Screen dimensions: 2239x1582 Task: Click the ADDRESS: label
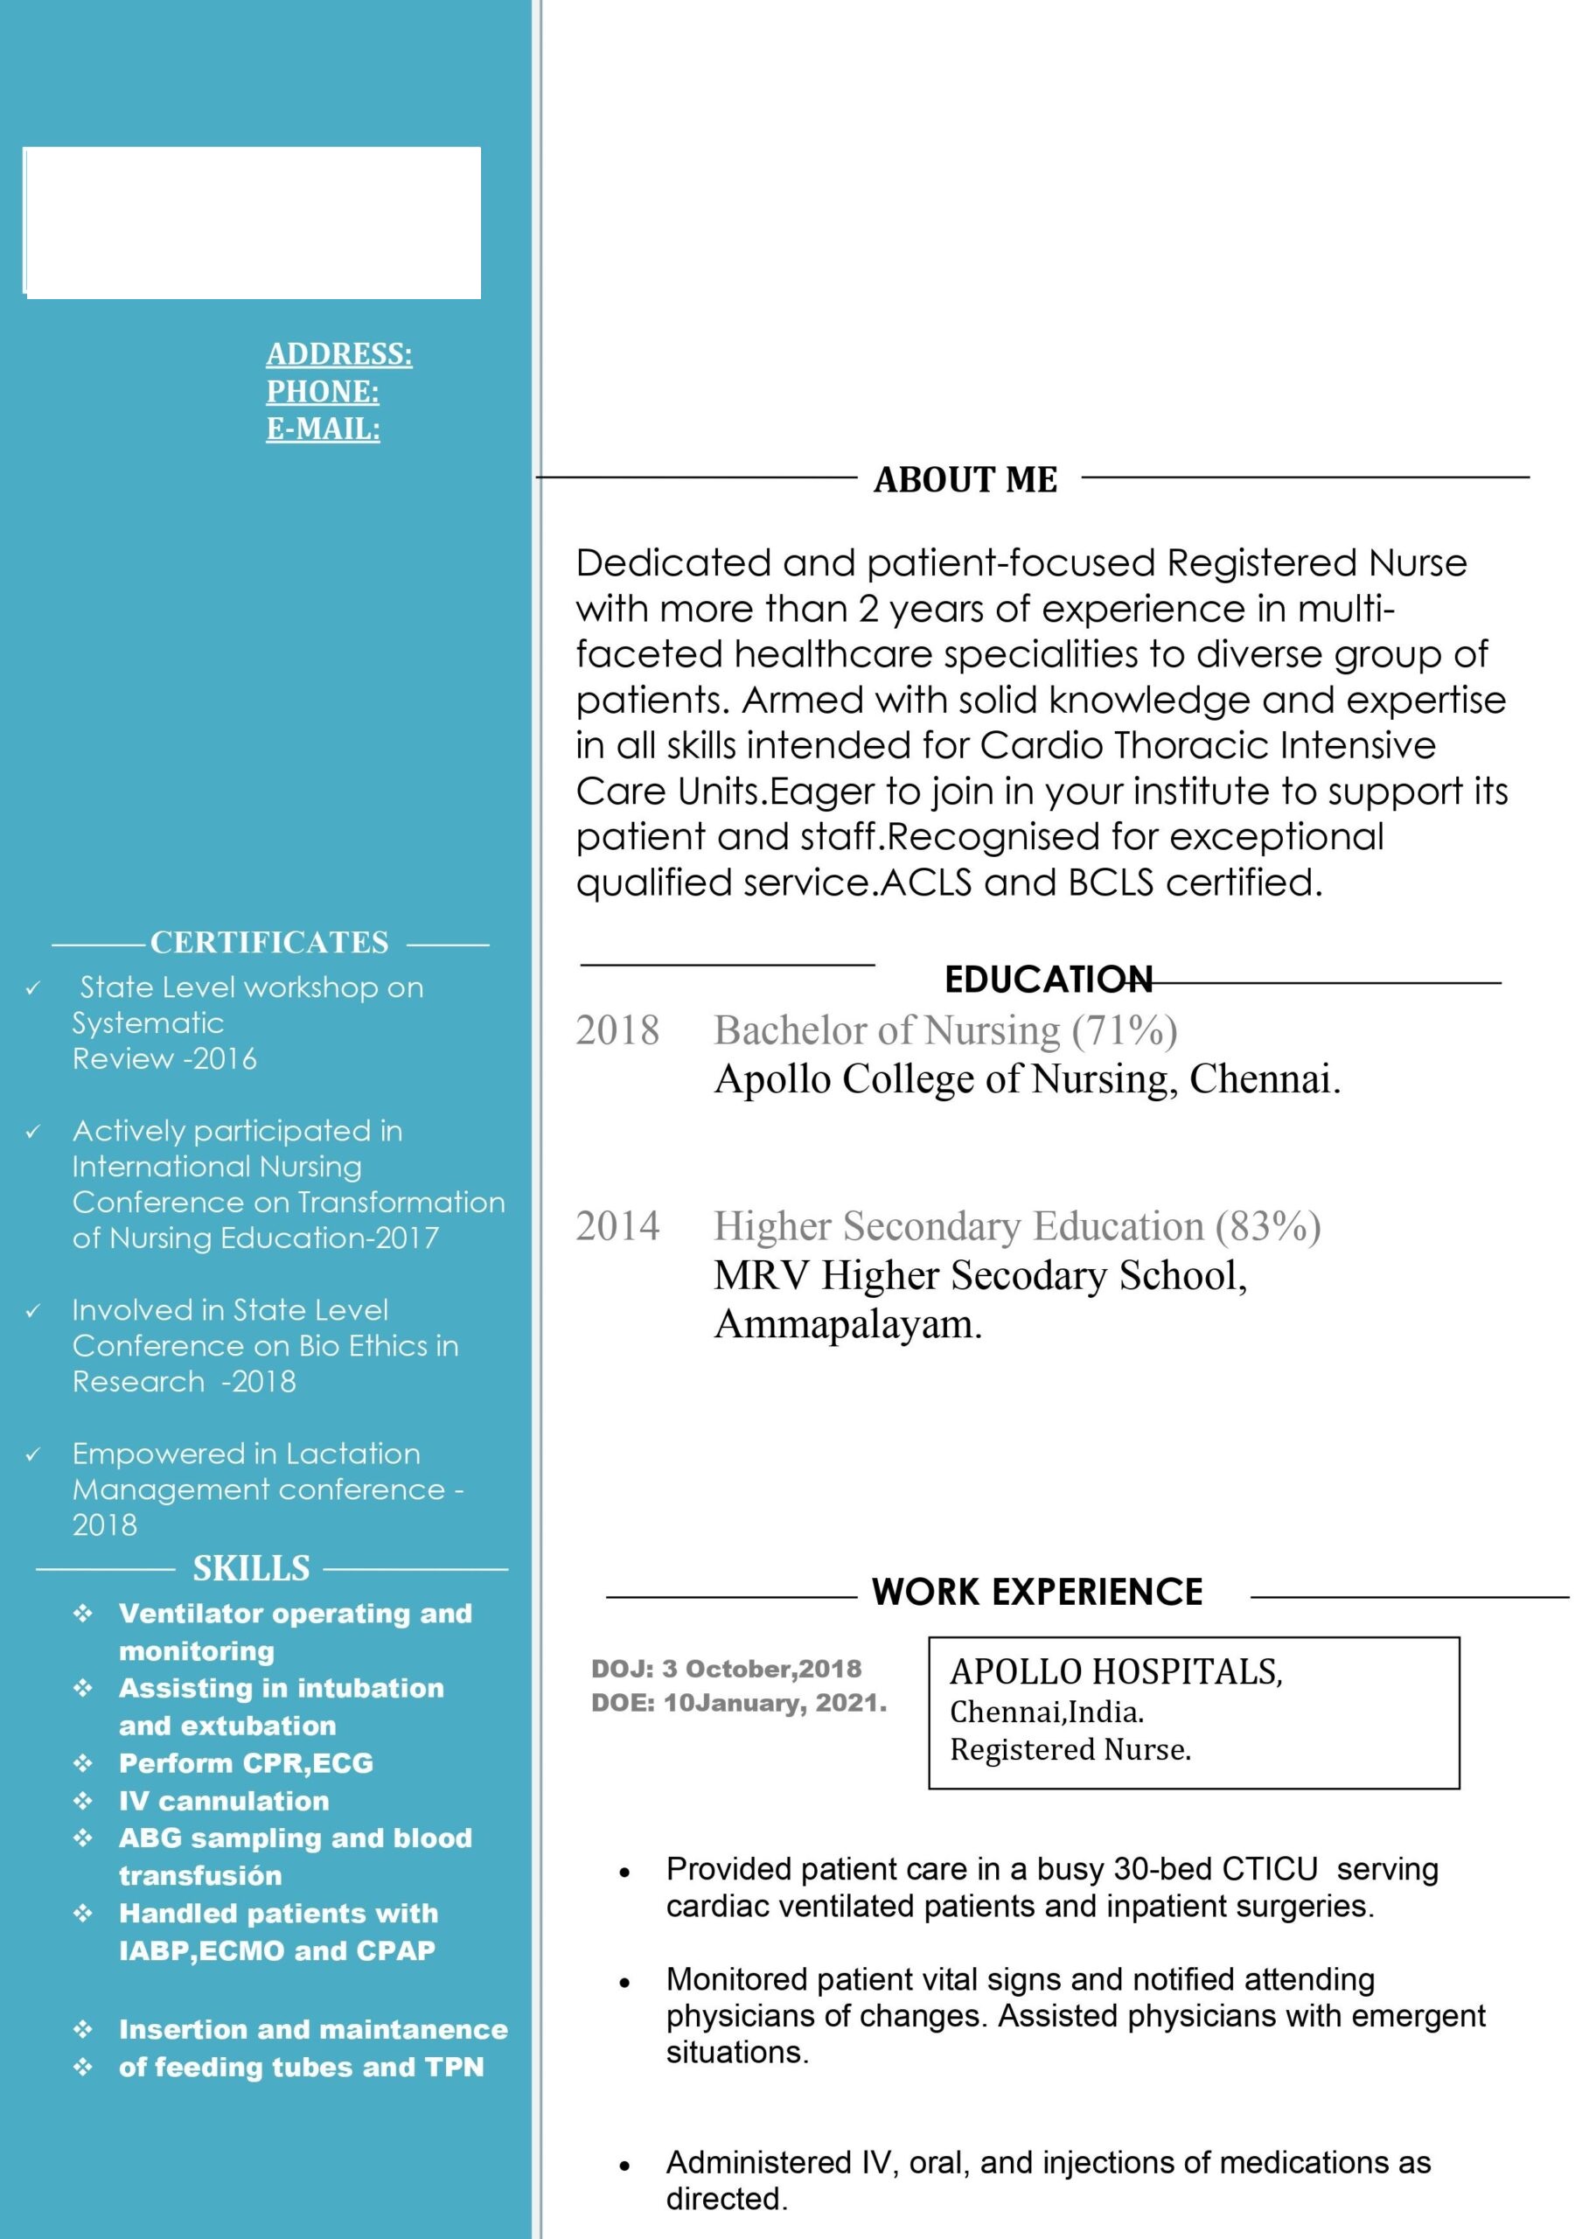click(338, 354)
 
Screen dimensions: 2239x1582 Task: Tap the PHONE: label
click(323, 392)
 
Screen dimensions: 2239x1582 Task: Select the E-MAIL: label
click(323, 429)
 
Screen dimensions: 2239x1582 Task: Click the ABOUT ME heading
click(965, 480)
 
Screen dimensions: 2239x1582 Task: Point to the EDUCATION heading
click(1048, 979)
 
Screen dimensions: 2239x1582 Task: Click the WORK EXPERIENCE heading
click(1037, 1592)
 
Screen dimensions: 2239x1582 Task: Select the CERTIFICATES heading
click(269, 942)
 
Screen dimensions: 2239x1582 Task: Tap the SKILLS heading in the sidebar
click(251, 1568)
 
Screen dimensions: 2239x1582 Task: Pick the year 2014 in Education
click(617, 1226)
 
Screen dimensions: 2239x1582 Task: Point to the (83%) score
click(1267, 1226)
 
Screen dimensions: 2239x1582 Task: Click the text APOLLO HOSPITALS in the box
click(1115, 1671)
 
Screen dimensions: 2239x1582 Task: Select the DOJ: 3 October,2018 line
click(726, 1669)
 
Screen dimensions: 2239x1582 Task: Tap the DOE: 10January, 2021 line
click(738, 1703)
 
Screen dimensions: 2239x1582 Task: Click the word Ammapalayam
click(847, 1324)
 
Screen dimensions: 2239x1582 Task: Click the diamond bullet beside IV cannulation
click(83, 1800)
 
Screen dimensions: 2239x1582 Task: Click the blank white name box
click(252, 222)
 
